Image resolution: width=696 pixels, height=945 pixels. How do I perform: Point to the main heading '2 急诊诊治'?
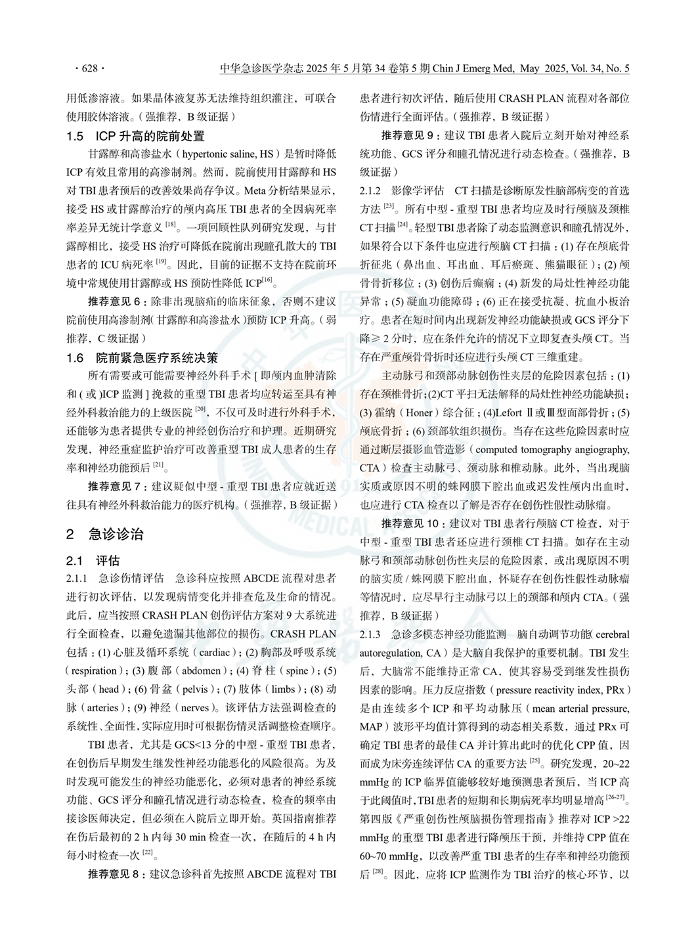105,534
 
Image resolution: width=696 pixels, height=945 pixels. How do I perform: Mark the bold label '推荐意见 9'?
407,136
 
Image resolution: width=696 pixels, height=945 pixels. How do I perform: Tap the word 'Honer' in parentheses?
420,413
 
